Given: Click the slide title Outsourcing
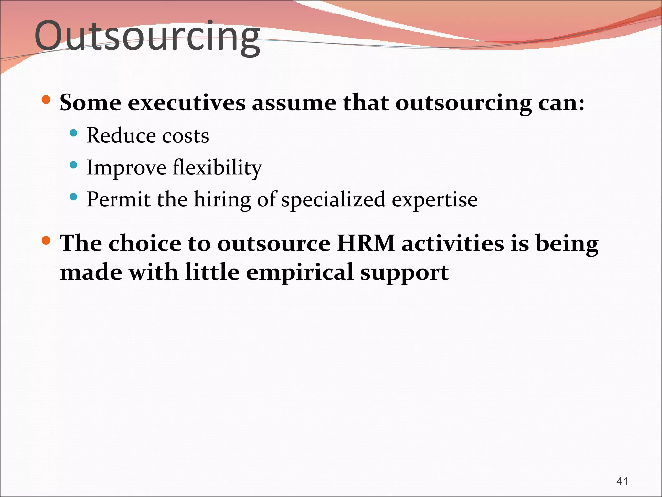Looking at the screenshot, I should pos(147,36).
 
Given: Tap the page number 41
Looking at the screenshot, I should pos(622,481).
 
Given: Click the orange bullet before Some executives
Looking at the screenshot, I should pos(46,100).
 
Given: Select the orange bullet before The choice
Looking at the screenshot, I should pos(46,240).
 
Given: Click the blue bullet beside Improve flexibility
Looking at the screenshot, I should pos(74,165).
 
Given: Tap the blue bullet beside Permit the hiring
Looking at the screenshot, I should pos(74,197).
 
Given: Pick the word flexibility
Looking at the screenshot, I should pos(217,168).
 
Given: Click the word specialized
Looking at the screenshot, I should pos(333,200).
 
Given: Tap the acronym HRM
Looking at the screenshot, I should pos(366,243).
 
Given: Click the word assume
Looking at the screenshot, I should pos(294,104).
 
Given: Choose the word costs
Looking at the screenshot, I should pos(186,136).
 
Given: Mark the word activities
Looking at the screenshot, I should pos(453,243).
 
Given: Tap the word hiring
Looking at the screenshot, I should pos(222,200).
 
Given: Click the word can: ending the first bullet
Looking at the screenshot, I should pos(561,104).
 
